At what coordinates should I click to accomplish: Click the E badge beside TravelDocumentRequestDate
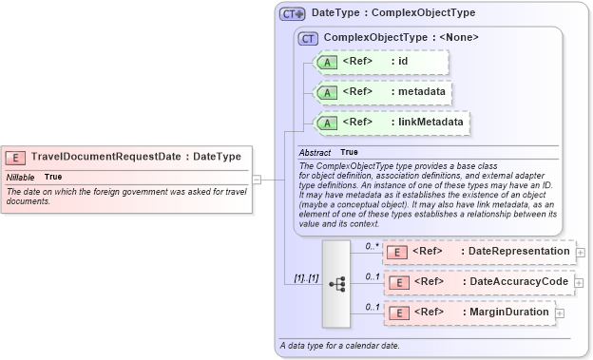click(x=15, y=157)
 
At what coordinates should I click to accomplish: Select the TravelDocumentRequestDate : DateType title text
click(x=136, y=157)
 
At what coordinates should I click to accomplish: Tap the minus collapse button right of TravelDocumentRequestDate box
click(x=257, y=178)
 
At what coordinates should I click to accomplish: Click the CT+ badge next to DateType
click(x=292, y=14)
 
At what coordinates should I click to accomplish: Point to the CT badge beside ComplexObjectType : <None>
click(x=308, y=38)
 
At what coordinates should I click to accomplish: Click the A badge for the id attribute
click(x=327, y=63)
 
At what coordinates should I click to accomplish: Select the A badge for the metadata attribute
click(x=327, y=93)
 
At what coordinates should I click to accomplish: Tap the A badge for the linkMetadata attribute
click(x=327, y=123)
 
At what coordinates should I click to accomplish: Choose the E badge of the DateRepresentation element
click(x=399, y=252)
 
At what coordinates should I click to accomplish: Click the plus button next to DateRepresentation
click(x=580, y=253)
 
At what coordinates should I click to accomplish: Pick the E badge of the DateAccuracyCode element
click(x=399, y=282)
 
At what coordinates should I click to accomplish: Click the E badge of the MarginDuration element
click(x=399, y=313)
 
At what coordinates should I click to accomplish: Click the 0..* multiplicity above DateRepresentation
click(x=372, y=245)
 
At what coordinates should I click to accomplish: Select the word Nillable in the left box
click(x=21, y=178)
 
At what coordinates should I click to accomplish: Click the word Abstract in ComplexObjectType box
click(x=314, y=152)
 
